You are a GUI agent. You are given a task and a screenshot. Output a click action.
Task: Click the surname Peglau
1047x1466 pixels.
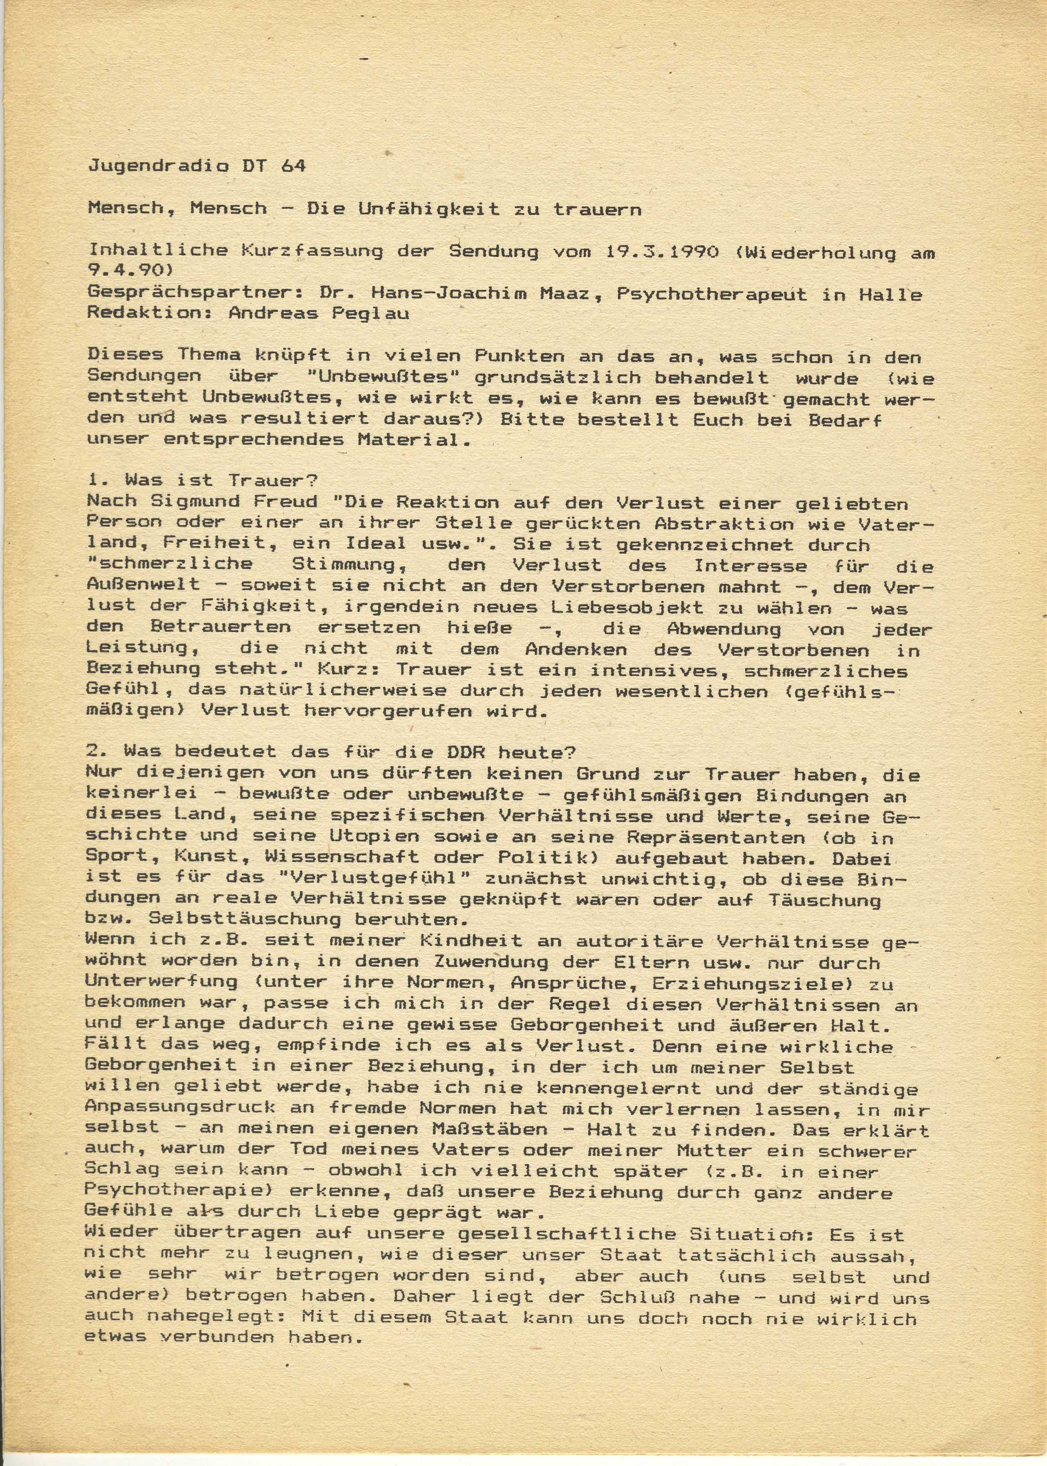pyautogui.click(x=374, y=314)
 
